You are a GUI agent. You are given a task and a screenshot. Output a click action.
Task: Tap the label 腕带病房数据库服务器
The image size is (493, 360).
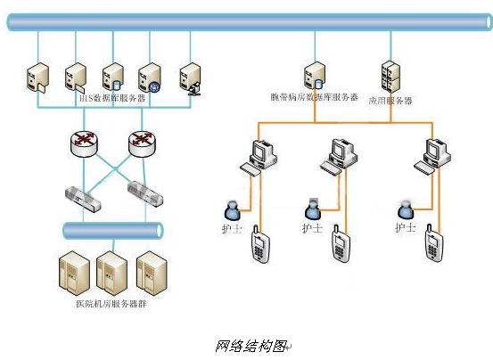coord(315,96)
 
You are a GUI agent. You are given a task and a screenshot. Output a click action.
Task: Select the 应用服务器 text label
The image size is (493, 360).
coord(390,101)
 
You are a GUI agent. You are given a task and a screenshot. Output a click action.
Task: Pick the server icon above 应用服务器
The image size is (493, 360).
coord(390,77)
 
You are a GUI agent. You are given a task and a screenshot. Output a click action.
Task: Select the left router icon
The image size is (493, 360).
coord(86,143)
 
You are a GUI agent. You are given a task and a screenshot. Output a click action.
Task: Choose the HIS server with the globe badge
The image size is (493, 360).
coord(150,78)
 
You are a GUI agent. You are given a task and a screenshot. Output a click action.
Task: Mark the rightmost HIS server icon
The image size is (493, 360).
coord(190,78)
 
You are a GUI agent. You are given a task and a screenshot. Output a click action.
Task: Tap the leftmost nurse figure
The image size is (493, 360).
coord(232,210)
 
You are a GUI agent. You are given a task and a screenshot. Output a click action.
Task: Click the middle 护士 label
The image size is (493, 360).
coord(311,228)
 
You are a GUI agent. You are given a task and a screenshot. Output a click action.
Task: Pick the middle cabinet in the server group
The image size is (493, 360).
coord(113,271)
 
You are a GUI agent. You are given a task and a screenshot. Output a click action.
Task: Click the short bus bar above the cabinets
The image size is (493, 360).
coord(113,230)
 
